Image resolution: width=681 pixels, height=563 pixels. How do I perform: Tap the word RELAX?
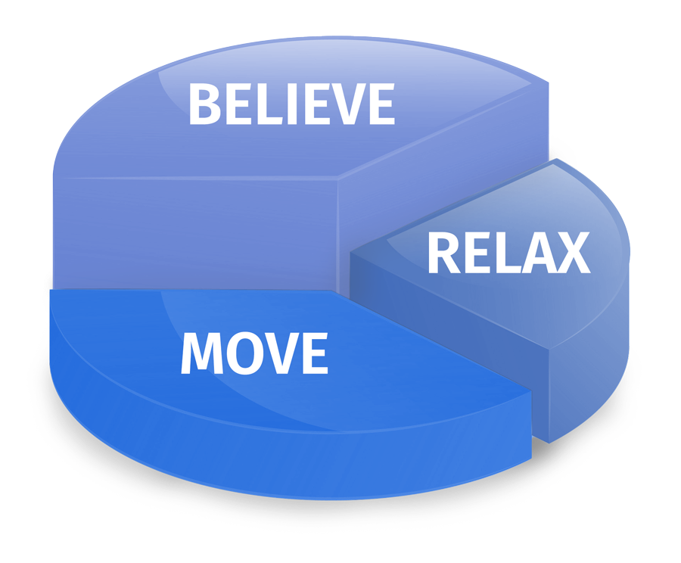click(x=508, y=254)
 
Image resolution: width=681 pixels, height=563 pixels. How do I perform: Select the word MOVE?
click(x=254, y=353)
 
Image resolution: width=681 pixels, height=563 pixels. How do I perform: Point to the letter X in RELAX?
click(x=571, y=254)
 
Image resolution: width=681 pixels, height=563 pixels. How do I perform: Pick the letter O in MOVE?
click(x=243, y=353)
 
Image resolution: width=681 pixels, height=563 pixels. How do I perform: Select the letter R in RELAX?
click(x=443, y=254)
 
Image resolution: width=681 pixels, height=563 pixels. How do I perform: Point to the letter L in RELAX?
click(x=502, y=254)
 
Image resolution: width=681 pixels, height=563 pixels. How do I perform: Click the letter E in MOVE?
click(x=314, y=353)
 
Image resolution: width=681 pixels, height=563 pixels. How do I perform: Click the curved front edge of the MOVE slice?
click(x=288, y=462)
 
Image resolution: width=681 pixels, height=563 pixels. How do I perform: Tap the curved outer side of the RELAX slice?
click(x=598, y=363)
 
